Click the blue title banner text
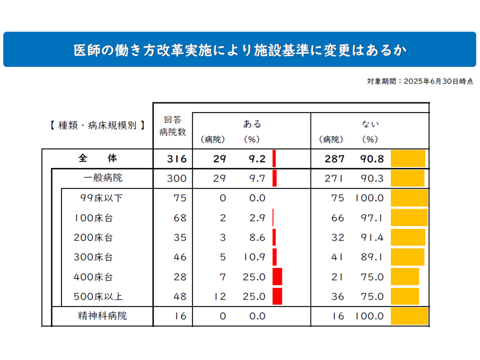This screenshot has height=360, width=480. tap(239, 50)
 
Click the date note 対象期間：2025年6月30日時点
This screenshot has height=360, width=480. tap(420, 81)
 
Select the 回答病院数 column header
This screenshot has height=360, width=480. tap(172, 126)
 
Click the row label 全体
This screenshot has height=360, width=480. tap(97, 158)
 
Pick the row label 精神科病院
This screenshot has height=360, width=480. tap(102, 316)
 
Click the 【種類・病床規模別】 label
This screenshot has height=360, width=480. tap(97, 125)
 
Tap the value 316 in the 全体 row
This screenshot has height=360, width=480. tap(176, 159)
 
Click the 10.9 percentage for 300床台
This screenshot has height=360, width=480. tap(256, 257)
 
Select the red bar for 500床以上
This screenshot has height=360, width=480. tap(277, 296)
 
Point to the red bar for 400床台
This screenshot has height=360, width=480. tap(277, 276)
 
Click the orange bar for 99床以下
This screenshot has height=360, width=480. tap(409, 198)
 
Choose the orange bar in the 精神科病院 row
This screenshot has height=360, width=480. tap(409, 316)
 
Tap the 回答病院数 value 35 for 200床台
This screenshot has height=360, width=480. tap(180, 237)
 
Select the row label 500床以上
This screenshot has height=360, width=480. tap(98, 296)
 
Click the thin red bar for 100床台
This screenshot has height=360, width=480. tap(273, 218)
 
